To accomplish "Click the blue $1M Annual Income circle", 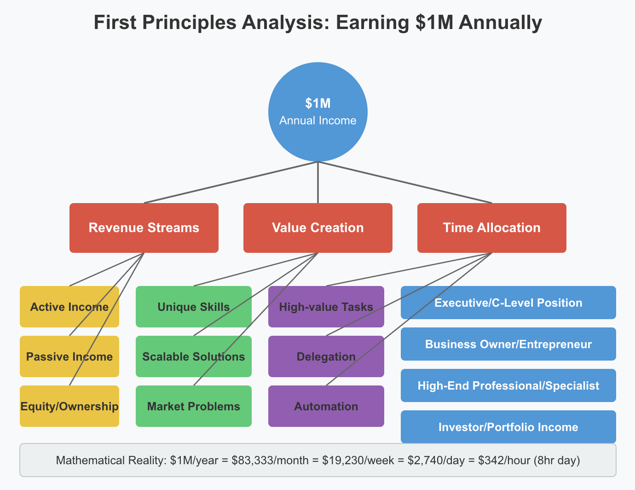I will point(318,112).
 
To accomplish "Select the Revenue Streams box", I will point(144,228).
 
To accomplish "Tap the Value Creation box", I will point(318,228).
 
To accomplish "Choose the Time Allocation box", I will point(492,228).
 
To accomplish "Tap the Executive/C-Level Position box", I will point(508,303).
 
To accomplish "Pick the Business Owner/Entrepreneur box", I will point(508,344).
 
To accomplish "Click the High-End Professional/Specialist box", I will point(508,385).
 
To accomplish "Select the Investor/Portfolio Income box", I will point(508,427).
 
